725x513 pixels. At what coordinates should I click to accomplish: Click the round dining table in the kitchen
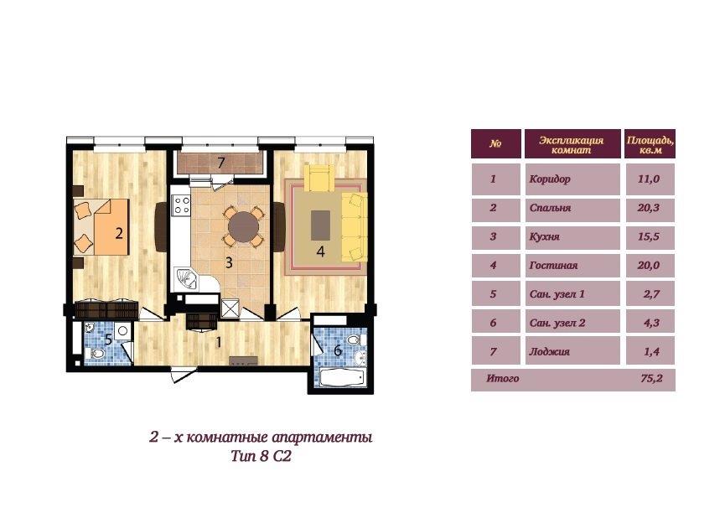pos(243,226)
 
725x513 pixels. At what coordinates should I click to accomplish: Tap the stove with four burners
pos(181,205)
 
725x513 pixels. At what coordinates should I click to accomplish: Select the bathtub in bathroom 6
pos(340,376)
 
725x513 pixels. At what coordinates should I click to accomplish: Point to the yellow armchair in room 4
pos(318,178)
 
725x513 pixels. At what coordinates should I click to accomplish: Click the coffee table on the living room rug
pos(320,225)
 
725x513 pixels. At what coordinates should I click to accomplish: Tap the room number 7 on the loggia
pos(221,163)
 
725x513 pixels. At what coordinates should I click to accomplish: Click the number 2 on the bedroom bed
pos(119,233)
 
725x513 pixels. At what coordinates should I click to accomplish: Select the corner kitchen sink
pos(186,278)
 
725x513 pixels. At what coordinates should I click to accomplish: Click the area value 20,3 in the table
pos(649,208)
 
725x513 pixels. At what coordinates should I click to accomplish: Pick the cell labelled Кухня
pos(572,237)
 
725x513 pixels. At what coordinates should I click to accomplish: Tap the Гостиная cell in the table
pos(572,266)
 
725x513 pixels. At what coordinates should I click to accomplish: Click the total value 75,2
pos(651,378)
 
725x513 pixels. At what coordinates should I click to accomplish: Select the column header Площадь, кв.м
pos(650,144)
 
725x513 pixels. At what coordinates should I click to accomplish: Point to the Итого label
pos(503,378)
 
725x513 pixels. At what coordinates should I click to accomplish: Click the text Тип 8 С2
pos(262,457)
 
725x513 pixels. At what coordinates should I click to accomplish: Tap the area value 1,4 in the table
pos(651,351)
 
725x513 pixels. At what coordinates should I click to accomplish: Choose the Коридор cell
pos(572,179)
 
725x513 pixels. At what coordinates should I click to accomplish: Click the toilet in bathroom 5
pos(97,355)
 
